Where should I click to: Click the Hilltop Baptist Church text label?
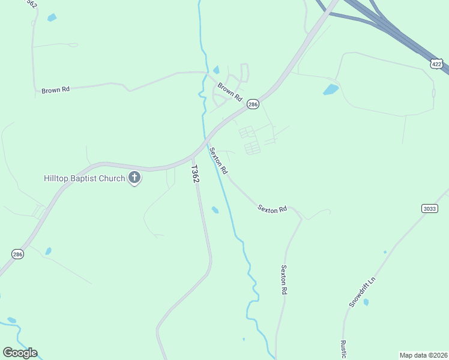point(84,178)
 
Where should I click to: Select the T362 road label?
point(195,175)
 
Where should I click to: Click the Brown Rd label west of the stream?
point(56,90)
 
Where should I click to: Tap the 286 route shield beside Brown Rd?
point(253,104)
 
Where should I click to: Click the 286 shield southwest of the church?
point(17,254)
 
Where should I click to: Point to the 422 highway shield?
point(436,63)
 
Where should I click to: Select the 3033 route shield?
point(430,208)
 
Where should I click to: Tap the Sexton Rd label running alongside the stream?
point(218,161)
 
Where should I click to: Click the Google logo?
point(20,353)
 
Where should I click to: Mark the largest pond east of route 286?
point(331,90)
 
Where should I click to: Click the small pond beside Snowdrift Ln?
point(366,302)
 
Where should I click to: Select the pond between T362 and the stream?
point(215,210)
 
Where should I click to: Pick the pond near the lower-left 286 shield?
point(48,251)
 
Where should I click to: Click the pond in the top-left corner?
point(52,17)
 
